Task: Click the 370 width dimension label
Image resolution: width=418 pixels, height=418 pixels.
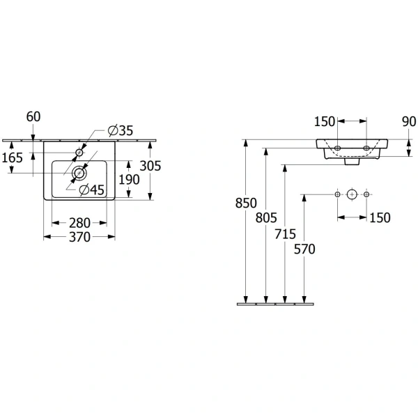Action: point(79,237)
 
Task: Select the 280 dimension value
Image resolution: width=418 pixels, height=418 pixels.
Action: point(79,223)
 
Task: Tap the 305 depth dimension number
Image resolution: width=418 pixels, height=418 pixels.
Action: point(150,166)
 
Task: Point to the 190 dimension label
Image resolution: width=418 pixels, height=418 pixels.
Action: point(129,180)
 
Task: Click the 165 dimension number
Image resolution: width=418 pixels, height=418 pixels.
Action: point(13,157)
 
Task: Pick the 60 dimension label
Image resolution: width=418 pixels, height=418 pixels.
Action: point(33,116)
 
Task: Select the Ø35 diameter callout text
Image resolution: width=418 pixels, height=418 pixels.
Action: point(121,130)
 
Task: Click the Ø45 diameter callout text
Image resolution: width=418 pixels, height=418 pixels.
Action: point(92,189)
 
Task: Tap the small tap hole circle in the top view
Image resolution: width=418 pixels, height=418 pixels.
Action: point(79,153)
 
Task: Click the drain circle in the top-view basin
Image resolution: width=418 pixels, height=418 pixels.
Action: point(79,173)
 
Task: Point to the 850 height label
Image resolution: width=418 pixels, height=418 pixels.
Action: point(246,203)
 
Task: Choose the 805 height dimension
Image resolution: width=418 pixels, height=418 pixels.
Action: point(266,217)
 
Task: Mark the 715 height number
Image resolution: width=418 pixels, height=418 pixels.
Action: point(285,234)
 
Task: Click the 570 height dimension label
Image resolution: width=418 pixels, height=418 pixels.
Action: point(304,249)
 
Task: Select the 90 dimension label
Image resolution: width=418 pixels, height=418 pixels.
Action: point(409,121)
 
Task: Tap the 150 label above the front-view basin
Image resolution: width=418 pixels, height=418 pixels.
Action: point(325,121)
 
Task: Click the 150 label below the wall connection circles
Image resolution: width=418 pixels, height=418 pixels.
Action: point(380,217)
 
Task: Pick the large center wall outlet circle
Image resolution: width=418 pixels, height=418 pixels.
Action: point(352,194)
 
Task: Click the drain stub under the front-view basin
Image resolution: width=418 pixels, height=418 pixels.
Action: point(352,162)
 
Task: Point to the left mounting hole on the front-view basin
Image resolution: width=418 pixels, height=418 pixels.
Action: point(337,148)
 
